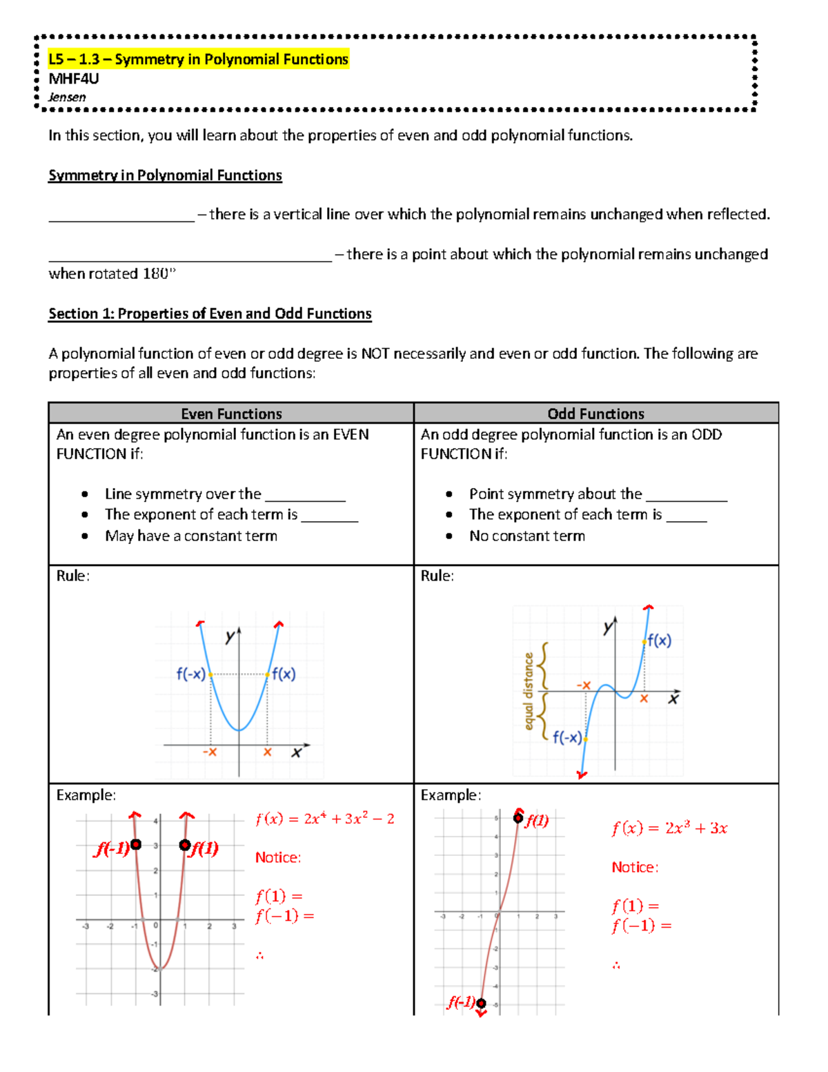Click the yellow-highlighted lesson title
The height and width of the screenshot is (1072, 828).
pyautogui.click(x=198, y=59)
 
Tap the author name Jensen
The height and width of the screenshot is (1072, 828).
pyautogui.click(x=67, y=97)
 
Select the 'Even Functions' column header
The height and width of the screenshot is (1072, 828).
pyautogui.click(x=231, y=413)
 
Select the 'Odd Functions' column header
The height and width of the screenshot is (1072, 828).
pyautogui.click(x=595, y=413)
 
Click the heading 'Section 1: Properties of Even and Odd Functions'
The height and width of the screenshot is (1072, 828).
pyautogui.click(x=210, y=314)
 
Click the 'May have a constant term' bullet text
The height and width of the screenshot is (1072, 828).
pyautogui.click(x=191, y=536)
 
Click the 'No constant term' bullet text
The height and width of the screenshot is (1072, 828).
pyautogui.click(x=527, y=536)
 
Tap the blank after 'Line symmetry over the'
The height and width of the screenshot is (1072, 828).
pyautogui.click(x=305, y=496)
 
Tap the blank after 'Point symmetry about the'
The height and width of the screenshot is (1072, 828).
pyautogui.click(x=686, y=496)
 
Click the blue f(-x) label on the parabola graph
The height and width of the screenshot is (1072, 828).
pyautogui.click(x=190, y=674)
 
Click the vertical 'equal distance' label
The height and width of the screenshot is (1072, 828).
pyautogui.click(x=529, y=691)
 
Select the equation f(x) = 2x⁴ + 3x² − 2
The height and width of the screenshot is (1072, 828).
pyautogui.click(x=324, y=819)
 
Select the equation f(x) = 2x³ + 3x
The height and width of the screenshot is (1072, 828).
pyautogui.click(x=669, y=828)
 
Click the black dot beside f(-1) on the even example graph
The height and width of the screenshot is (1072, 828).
pyautogui.click(x=136, y=844)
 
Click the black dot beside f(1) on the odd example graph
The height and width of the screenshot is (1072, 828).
pyautogui.click(x=518, y=818)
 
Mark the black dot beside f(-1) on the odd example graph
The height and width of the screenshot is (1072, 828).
pyautogui.click(x=481, y=1003)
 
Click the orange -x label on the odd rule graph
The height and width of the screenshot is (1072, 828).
pyautogui.click(x=584, y=685)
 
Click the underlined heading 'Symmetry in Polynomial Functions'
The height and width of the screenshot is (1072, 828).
pyautogui.click(x=165, y=175)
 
